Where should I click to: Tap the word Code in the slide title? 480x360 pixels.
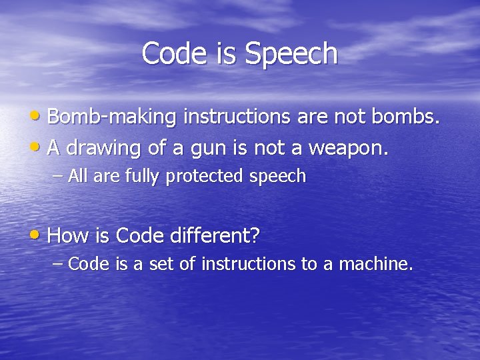(x=175, y=53)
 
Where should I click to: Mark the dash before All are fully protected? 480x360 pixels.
(x=58, y=177)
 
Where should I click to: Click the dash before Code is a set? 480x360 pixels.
(x=58, y=264)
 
